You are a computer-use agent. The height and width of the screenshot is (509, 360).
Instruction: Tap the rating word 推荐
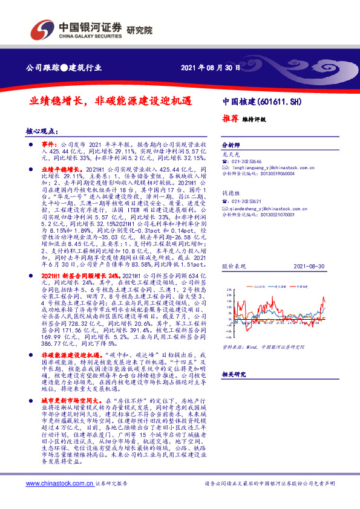click(x=231, y=119)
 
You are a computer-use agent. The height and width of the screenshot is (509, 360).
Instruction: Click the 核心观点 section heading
click(x=42, y=131)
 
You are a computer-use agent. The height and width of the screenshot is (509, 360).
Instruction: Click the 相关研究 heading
click(x=234, y=374)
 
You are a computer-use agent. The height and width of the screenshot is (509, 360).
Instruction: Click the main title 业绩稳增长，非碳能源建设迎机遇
click(x=112, y=103)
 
